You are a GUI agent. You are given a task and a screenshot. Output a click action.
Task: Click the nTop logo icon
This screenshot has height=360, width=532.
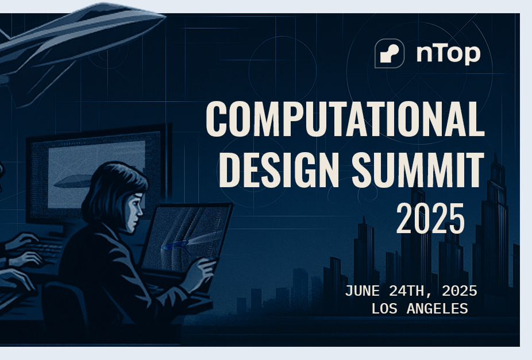point(390,53)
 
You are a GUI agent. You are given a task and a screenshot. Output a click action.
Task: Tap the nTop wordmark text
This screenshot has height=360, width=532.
point(448,53)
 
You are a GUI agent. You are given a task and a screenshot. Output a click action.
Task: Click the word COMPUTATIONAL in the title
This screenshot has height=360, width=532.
point(345,119)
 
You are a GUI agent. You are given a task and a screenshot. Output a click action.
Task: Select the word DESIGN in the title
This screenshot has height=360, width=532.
point(279,169)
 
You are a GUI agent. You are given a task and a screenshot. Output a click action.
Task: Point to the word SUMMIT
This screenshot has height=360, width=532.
point(418,169)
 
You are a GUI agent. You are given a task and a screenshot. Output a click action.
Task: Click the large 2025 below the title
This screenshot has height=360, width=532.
point(430,218)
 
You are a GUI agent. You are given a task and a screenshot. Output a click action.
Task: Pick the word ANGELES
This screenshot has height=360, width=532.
point(437,309)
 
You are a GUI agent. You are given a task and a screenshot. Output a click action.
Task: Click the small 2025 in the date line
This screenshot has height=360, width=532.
point(460,291)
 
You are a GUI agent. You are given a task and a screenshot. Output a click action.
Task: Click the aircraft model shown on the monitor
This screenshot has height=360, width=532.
point(72,181)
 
